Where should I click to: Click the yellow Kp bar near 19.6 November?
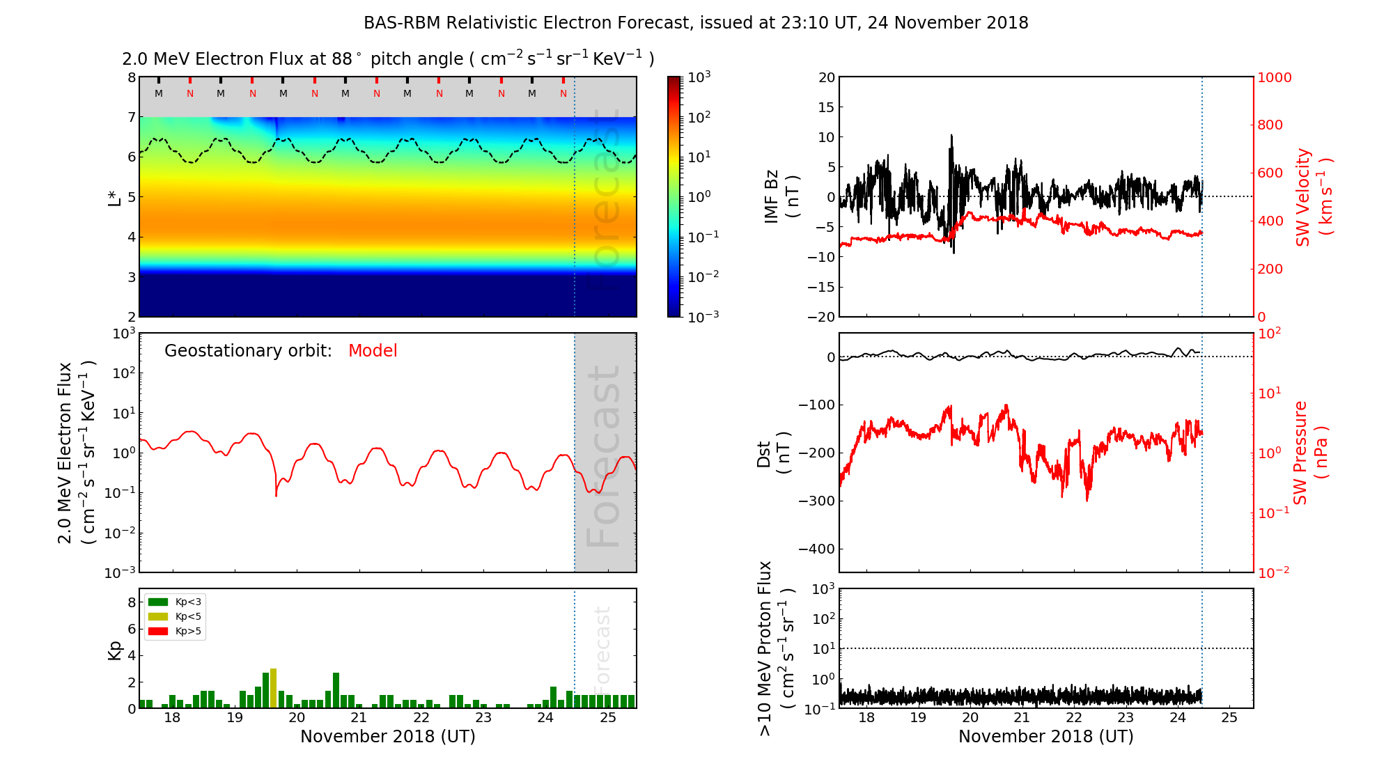pyautogui.click(x=273, y=688)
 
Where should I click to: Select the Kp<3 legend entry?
pyautogui.click(x=175, y=602)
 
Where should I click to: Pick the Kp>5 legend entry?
pyautogui.click(x=175, y=632)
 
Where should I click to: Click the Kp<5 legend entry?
pyautogui.click(x=175, y=616)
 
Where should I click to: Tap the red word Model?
pyautogui.click(x=373, y=351)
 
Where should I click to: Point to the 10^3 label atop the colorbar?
pyautogui.click(x=699, y=77)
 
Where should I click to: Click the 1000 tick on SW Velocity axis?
pyautogui.click(x=1274, y=77)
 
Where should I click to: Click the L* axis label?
pyautogui.click(x=115, y=197)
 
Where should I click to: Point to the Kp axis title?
pyautogui.click(x=115, y=650)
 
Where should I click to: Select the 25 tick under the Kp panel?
pyautogui.click(x=608, y=718)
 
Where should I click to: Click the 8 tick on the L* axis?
pyautogui.click(x=131, y=77)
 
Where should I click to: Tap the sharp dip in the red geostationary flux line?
pyautogui.click(x=277, y=494)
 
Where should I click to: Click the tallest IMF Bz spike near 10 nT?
pyautogui.click(x=951, y=136)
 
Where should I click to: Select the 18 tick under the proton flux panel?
pyautogui.click(x=866, y=718)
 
